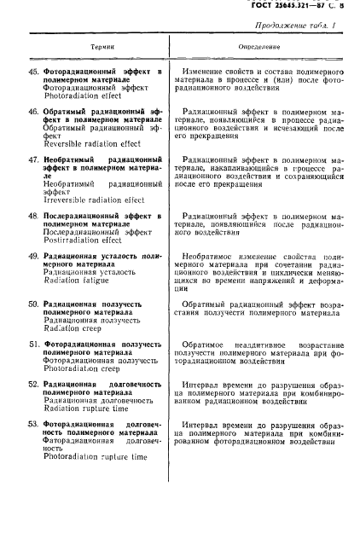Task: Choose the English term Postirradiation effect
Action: click(82, 240)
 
